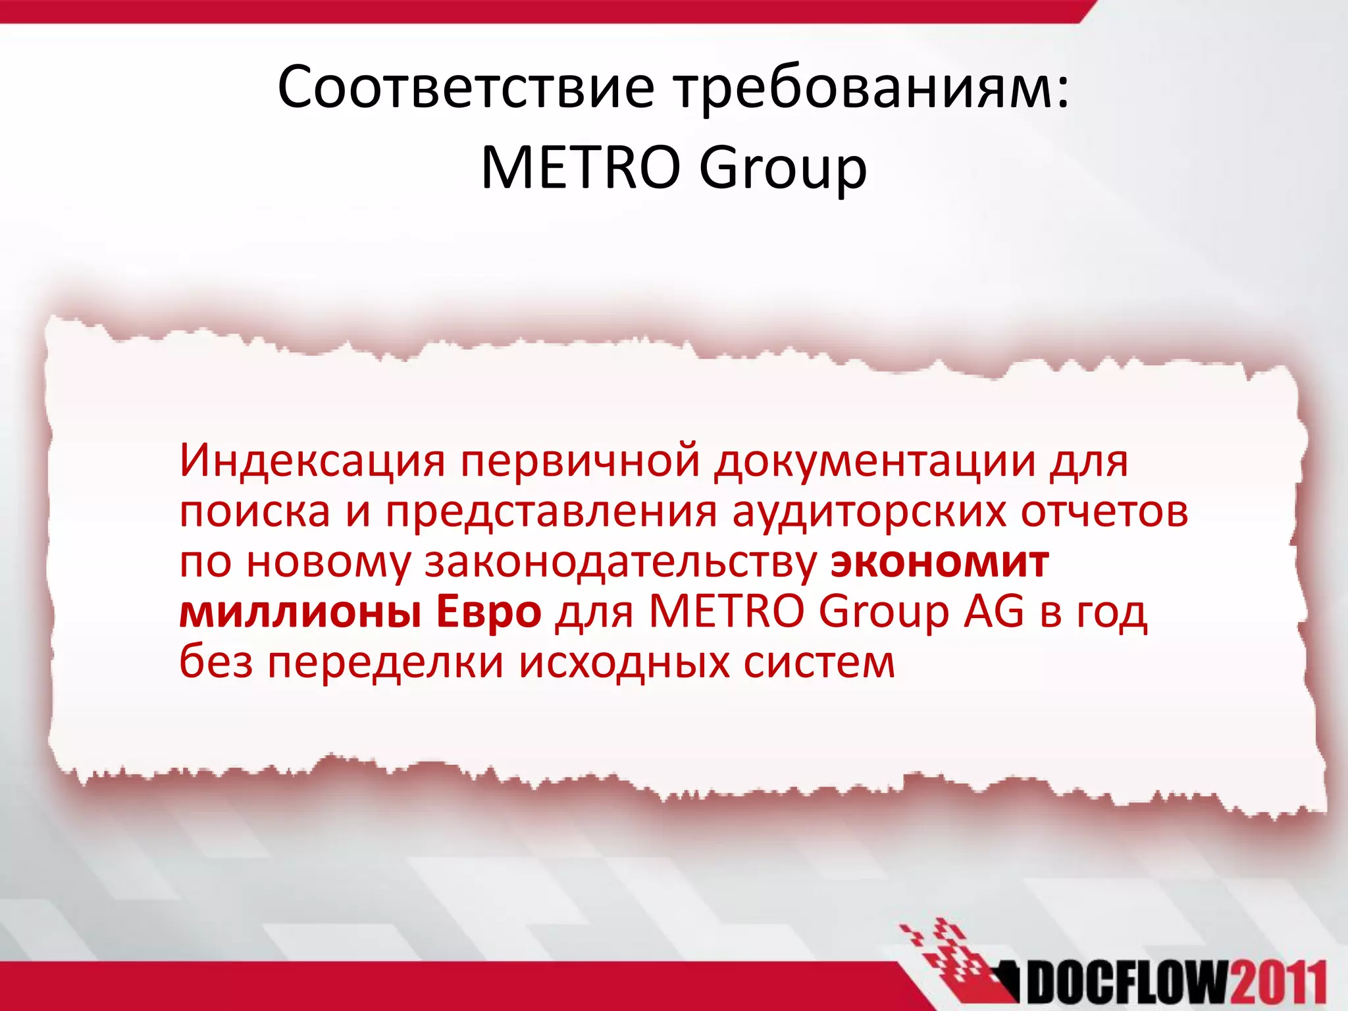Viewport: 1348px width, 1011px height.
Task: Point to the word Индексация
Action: coord(312,460)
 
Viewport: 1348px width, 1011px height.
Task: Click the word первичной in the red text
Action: coord(580,460)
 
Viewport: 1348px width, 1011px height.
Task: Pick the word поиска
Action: coord(255,511)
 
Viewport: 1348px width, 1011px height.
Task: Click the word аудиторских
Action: coord(869,511)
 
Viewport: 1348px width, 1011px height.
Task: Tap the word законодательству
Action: coord(620,562)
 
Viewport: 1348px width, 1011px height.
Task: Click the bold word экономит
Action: coord(939,562)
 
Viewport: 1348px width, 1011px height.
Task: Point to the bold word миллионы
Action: coord(300,612)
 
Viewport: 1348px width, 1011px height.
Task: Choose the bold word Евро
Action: coord(488,612)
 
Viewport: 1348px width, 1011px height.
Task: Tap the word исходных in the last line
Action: coord(625,662)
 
